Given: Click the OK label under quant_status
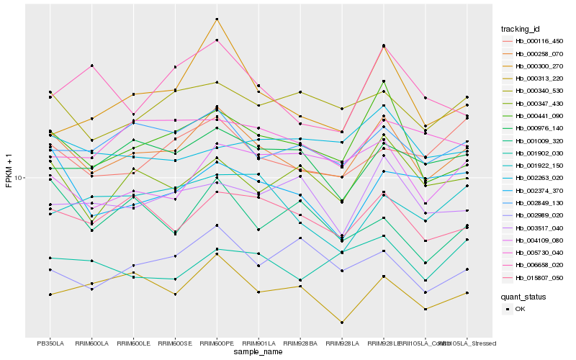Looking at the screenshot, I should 520,309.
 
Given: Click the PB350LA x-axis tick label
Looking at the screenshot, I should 50,343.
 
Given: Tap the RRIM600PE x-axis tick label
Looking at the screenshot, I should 217,343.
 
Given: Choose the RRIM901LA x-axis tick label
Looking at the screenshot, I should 258,343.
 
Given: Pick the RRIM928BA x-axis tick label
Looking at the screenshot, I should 300,343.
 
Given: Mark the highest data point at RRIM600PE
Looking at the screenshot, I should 217,19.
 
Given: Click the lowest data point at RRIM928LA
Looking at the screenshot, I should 342,323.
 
